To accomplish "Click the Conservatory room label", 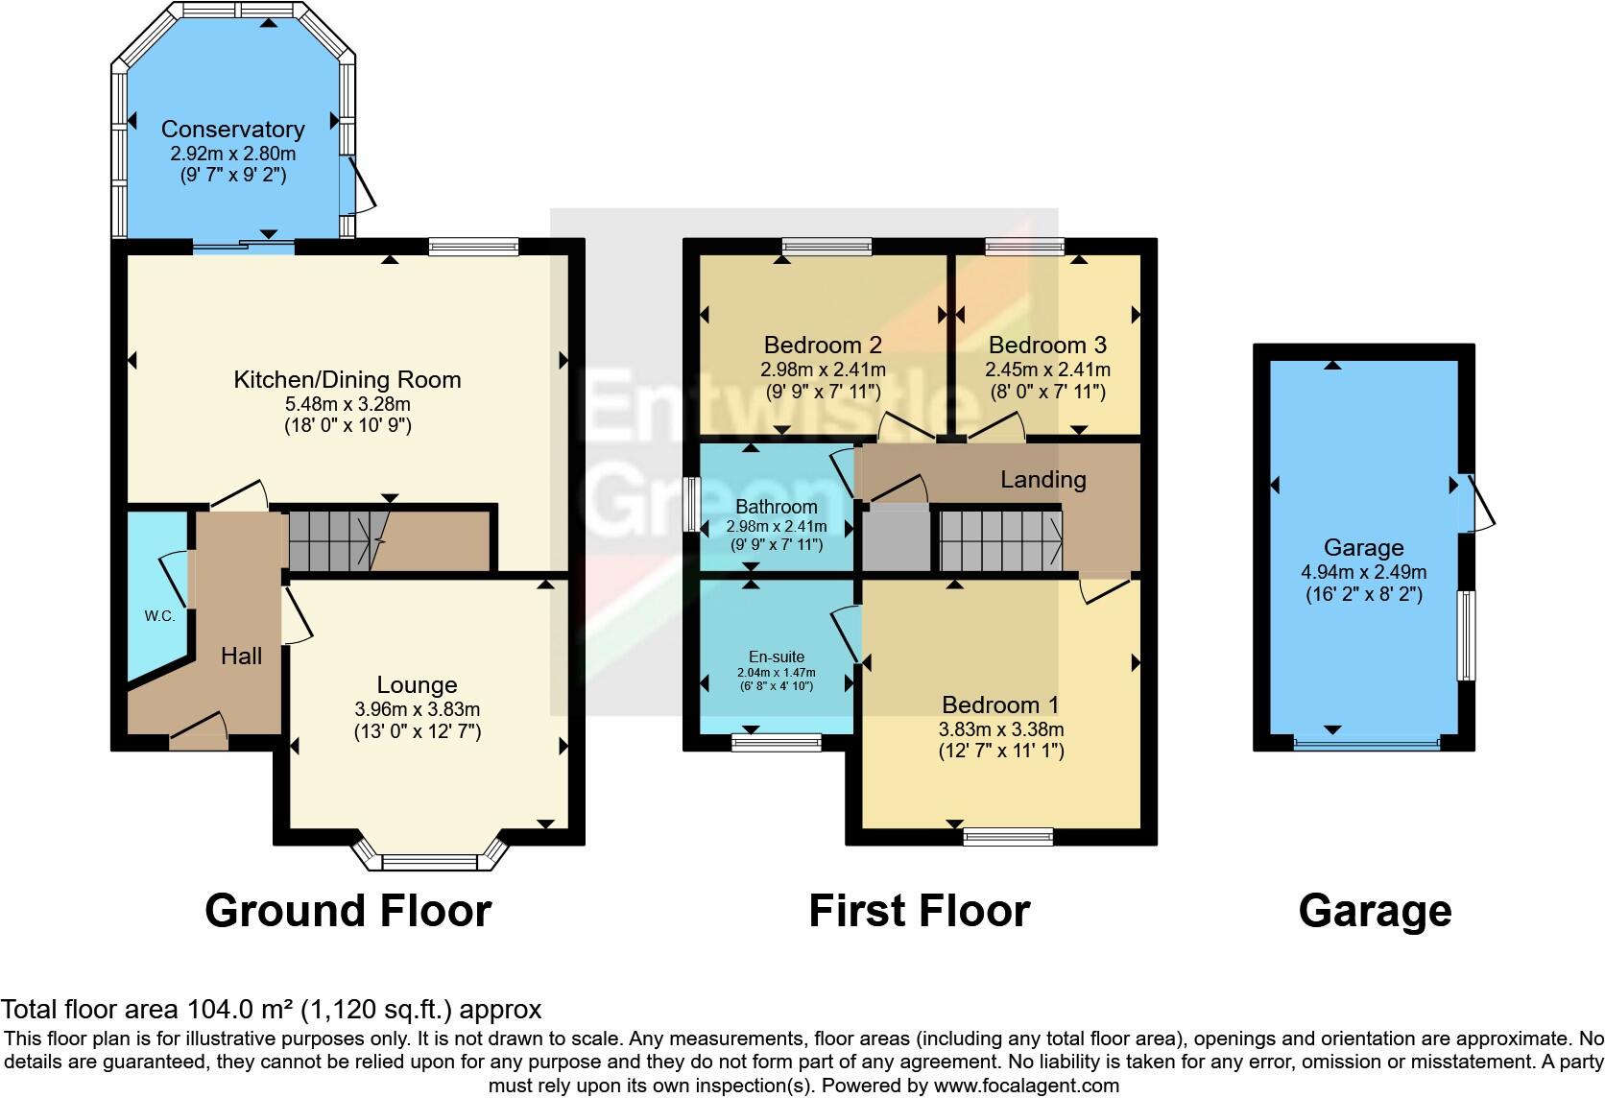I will (x=232, y=129).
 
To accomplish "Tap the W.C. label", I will (x=160, y=616).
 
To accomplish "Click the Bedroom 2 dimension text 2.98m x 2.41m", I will (x=823, y=370).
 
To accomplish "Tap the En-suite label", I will (x=777, y=657).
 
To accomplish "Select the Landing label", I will (x=1042, y=479).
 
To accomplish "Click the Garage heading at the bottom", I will (x=1374, y=911).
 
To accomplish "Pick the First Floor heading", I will (x=919, y=911).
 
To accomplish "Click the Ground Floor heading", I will (x=347, y=911).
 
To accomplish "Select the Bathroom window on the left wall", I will (x=690, y=503).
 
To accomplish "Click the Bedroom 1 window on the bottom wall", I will (x=1008, y=837).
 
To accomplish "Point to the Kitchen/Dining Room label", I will (x=347, y=379).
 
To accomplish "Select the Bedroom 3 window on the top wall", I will (x=1024, y=247).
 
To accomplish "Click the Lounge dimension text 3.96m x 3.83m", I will (x=417, y=710).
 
